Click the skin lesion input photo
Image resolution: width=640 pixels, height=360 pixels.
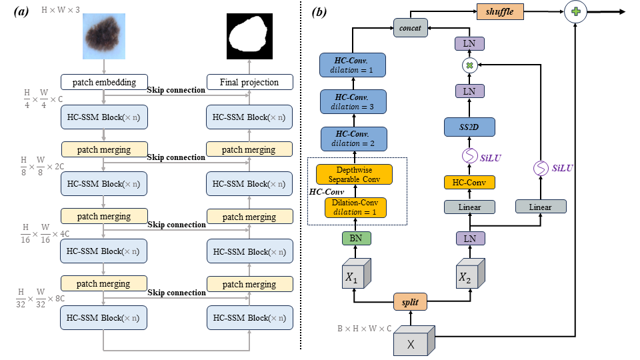coord(103,34)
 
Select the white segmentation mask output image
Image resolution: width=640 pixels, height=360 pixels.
coord(249,34)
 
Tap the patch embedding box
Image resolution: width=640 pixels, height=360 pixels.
coord(103,83)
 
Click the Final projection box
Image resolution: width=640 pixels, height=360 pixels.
coord(249,83)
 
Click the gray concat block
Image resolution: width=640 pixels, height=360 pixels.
coord(409,28)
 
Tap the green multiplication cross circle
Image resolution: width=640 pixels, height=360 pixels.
coord(469,65)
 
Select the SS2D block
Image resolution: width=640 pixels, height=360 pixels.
coord(469,126)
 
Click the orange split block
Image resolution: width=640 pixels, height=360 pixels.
coord(410,301)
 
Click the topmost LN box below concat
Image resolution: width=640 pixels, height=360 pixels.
coord(469,43)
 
